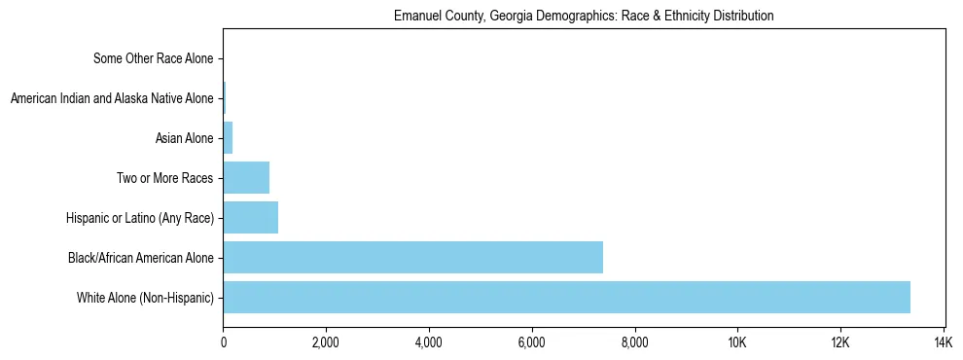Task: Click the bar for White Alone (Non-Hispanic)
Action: point(566,297)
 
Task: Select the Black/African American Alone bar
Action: point(412,257)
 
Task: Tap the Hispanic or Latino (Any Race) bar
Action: point(250,217)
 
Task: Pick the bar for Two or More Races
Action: point(246,177)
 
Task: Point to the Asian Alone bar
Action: point(228,137)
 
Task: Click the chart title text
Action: point(584,17)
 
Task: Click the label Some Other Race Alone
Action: point(153,58)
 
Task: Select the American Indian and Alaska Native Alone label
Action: point(112,98)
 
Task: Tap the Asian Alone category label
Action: point(184,138)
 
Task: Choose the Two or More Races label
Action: point(164,178)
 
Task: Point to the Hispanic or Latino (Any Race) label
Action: point(140,218)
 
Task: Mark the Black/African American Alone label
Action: point(141,258)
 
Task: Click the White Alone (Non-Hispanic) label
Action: point(145,298)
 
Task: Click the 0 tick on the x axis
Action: point(223,342)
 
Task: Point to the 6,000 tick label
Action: point(531,342)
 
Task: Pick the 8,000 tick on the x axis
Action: point(634,342)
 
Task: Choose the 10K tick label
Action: point(736,342)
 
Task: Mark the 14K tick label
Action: point(943,342)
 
